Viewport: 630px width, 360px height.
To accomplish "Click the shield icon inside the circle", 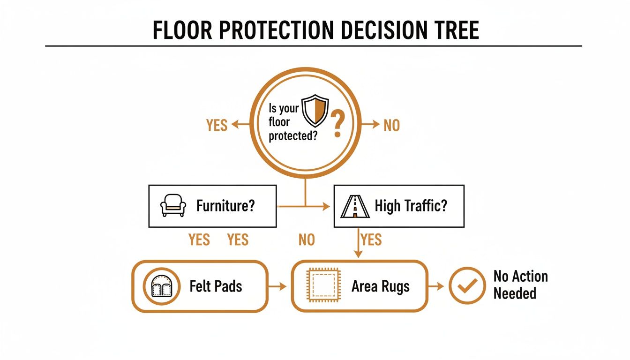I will (x=314, y=111).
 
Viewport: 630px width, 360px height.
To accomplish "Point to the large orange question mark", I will (x=337, y=124).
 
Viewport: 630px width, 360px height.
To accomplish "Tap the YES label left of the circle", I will (x=217, y=125).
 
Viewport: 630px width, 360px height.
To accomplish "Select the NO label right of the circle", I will (x=391, y=125).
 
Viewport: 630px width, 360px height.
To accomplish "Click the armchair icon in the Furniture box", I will (x=173, y=206).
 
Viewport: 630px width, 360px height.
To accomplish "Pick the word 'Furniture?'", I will (x=225, y=206).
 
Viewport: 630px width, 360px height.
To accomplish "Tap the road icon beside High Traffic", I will (x=355, y=206).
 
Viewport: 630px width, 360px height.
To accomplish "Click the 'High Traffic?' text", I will (x=411, y=206).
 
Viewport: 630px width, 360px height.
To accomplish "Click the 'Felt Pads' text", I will (x=216, y=286).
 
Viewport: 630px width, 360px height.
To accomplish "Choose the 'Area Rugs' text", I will (x=380, y=286).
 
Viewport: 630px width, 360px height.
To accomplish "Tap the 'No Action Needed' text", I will (x=520, y=285).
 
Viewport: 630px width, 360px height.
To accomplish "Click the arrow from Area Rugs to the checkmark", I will (x=437, y=286).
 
